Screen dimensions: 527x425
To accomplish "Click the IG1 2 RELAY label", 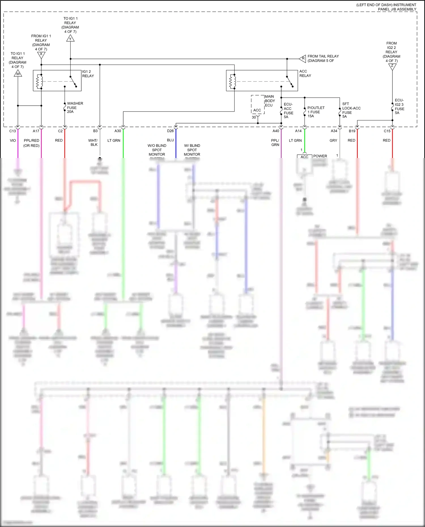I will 88,74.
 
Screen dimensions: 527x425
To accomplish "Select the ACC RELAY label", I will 305,73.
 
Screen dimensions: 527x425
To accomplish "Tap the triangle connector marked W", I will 18,74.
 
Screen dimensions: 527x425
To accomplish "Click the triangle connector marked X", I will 41,55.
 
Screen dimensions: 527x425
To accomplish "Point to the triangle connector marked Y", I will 70,38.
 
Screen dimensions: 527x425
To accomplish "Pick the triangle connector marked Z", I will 392,67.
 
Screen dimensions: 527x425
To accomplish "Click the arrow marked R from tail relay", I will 303,59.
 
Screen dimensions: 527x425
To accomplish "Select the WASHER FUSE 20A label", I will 75,108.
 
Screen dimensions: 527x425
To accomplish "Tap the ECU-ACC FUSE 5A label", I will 288,110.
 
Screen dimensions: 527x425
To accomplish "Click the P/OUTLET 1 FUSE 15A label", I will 316,112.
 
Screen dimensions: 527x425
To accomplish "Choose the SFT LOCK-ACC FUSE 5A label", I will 351,110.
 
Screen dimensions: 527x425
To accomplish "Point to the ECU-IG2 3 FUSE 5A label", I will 399,106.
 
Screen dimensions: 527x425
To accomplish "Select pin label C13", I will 12,131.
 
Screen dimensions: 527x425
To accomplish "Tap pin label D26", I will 170,131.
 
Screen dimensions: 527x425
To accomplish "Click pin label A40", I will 276,131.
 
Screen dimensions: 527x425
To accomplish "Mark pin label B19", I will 352,131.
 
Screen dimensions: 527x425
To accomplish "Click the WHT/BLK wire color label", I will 93,142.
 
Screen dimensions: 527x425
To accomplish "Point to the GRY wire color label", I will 333,140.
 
